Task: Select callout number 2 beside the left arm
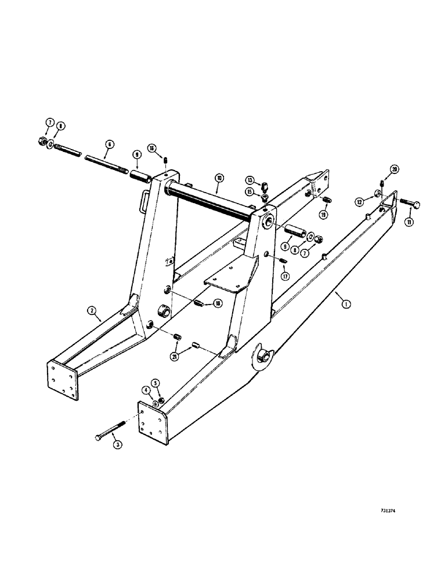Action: [x=92, y=311]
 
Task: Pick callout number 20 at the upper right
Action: [x=395, y=169]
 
